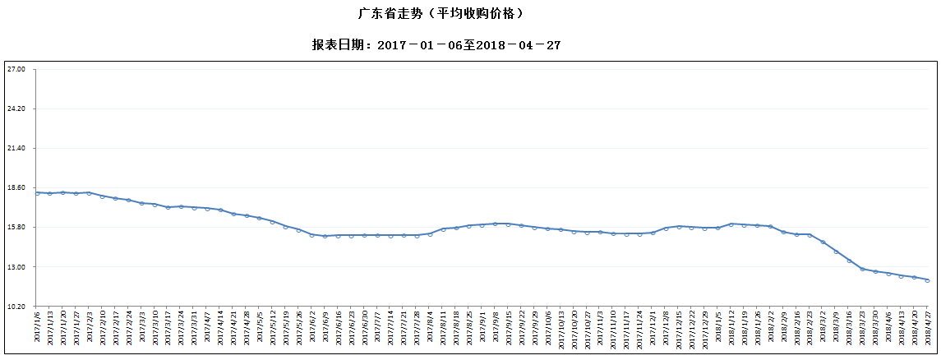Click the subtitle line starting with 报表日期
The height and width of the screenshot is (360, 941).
coord(436,45)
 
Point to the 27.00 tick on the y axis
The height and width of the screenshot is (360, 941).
coord(16,69)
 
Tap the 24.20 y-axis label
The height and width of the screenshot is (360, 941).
coord(16,108)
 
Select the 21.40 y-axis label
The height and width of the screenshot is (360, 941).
coord(16,148)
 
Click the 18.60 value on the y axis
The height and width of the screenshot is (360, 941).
coord(16,187)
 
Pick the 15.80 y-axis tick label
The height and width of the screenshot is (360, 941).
coord(16,228)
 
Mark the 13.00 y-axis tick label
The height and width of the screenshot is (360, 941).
coord(16,267)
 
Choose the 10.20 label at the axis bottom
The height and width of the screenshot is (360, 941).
coord(16,307)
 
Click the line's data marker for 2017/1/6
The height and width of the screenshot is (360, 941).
coord(37,193)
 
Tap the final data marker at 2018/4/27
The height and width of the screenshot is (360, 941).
coord(928,280)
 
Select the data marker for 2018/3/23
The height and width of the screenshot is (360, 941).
coord(862,269)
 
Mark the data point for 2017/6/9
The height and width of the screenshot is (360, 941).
coord(325,237)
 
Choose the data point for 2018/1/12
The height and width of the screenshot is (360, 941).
coord(731,224)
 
